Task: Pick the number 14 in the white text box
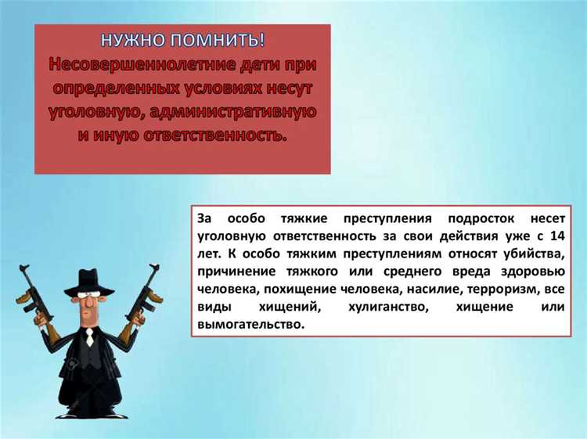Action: (554, 236)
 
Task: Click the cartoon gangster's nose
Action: (92, 309)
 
